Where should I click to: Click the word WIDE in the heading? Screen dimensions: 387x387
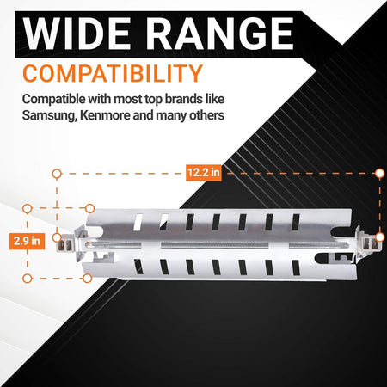[77, 34]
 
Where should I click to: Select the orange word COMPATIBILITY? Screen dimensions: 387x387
[113, 73]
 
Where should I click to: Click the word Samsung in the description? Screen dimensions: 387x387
[49, 116]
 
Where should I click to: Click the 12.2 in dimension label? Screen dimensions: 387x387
[204, 173]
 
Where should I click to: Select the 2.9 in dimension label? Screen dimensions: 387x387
[27, 241]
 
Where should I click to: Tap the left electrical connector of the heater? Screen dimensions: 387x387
[66, 245]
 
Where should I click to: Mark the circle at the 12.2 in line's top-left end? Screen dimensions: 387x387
[57, 174]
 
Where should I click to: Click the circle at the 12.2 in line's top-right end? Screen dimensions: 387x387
[380, 173]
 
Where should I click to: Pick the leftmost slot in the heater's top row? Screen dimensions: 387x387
[138, 222]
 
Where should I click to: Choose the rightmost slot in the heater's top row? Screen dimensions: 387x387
[296, 222]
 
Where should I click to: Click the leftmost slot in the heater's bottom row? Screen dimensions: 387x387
[138, 267]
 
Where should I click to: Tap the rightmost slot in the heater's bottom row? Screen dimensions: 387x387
[296, 267]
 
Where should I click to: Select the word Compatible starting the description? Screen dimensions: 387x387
[53, 100]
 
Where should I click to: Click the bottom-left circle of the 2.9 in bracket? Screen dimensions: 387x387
[28, 279]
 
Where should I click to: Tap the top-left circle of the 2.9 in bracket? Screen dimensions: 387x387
[28, 209]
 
